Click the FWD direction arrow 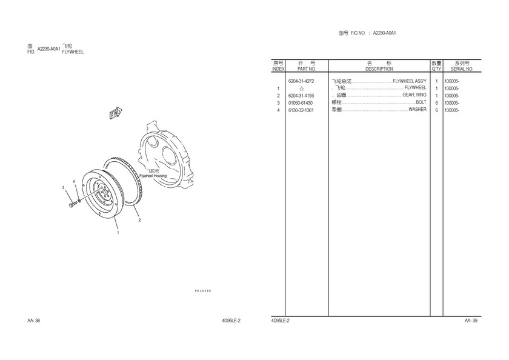(x=116, y=113)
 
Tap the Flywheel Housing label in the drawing (x=153, y=176)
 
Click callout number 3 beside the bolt (x=64, y=188)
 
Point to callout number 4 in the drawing (x=74, y=181)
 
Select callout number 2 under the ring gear (x=139, y=220)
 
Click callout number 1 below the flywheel (x=118, y=233)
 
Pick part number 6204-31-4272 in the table (x=301, y=81)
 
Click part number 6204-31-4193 (x=301, y=96)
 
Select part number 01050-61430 (x=301, y=103)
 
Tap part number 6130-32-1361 (x=301, y=110)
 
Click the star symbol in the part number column (x=302, y=88)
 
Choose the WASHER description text (x=418, y=110)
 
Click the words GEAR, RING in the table (x=414, y=95)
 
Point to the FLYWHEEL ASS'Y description (x=410, y=81)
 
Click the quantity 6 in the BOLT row (x=437, y=103)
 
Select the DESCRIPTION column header (x=379, y=69)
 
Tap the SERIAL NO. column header (x=462, y=69)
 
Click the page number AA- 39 (x=471, y=321)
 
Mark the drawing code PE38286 (x=203, y=291)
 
